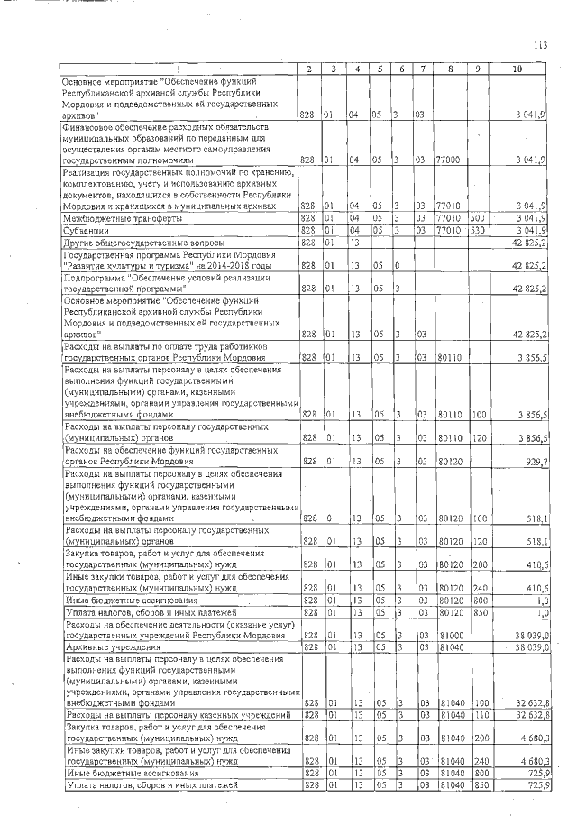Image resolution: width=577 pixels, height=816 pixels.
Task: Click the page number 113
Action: (x=540, y=44)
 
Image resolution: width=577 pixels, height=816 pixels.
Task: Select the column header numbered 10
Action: (x=517, y=69)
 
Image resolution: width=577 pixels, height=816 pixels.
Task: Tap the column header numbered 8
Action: (x=448, y=69)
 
